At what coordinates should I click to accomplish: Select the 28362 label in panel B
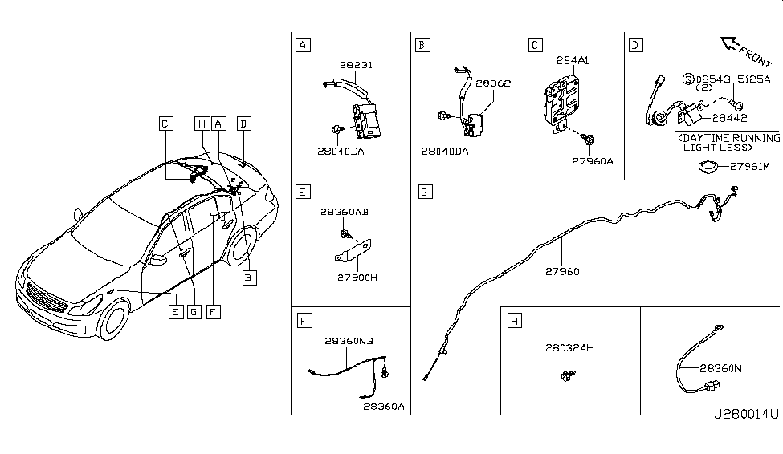[x=492, y=83]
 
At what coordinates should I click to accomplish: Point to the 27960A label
[x=593, y=160]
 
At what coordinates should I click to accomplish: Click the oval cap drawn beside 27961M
[x=708, y=167]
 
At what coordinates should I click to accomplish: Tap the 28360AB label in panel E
[x=345, y=213]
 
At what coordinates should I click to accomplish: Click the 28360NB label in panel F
[x=349, y=341]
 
